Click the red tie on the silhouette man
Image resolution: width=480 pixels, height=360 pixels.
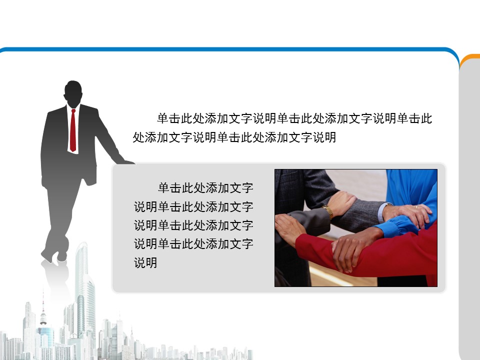click(x=73, y=130)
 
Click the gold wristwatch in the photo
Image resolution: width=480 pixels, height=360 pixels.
click(x=328, y=211)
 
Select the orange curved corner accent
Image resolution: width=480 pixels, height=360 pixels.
click(x=468, y=58)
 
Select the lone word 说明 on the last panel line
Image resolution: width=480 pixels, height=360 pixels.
click(x=145, y=262)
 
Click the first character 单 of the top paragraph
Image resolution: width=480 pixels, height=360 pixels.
click(x=163, y=118)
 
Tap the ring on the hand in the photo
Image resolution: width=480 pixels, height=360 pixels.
click(x=416, y=207)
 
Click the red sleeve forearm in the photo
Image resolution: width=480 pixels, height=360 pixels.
click(x=367, y=254)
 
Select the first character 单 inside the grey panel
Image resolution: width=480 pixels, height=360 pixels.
click(x=164, y=187)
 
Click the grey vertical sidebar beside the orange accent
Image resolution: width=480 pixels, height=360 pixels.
click(x=469, y=214)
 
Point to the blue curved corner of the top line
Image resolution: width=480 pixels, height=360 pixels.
click(x=452, y=54)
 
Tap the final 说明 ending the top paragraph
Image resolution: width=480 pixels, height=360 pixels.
click(x=324, y=137)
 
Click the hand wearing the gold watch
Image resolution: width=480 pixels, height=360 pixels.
click(x=342, y=203)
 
